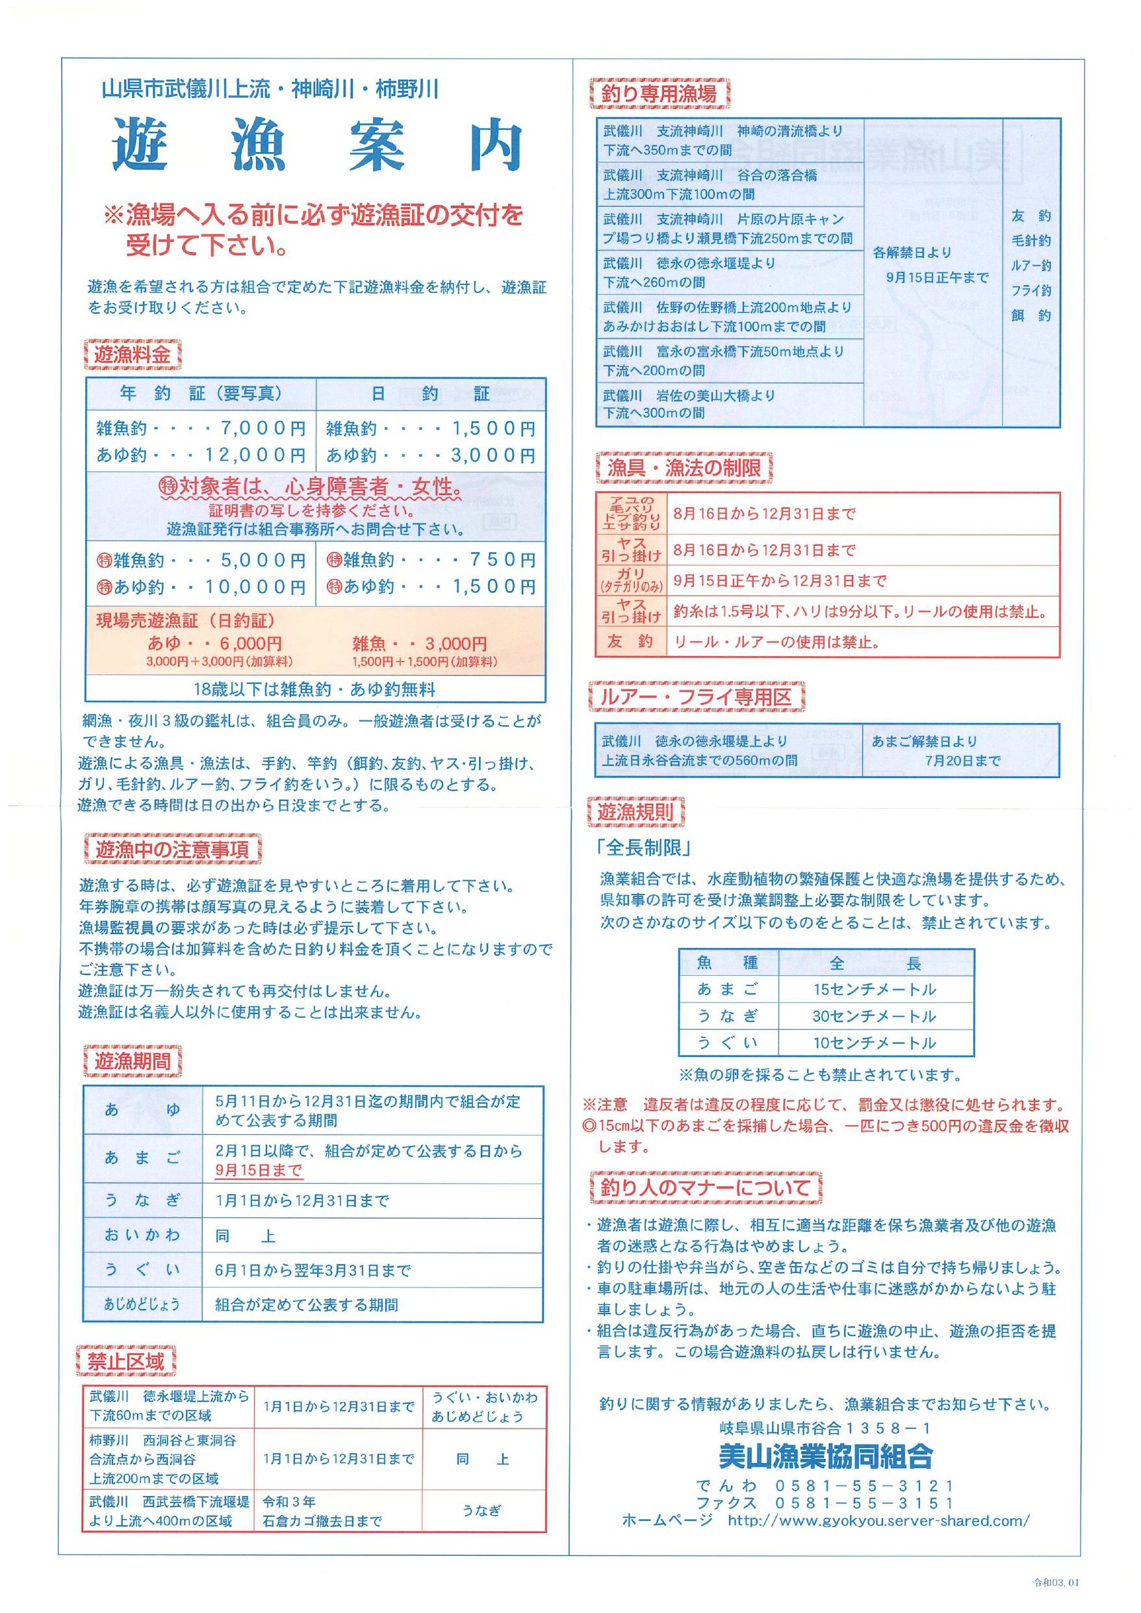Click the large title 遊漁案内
click(317, 146)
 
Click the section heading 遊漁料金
click(132, 355)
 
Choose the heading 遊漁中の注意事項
click(172, 849)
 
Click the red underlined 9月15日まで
click(259, 1171)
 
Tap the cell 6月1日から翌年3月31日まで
click(313, 1270)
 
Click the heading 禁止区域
click(126, 1362)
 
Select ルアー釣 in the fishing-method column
click(1031, 266)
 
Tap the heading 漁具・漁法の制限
click(684, 468)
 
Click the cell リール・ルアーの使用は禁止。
click(777, 642)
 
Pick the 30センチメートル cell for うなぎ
click(875, 1016)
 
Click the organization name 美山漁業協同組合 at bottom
click(826, 1456)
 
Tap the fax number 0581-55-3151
click(864, 1503)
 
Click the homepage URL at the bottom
click(878, 1520)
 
